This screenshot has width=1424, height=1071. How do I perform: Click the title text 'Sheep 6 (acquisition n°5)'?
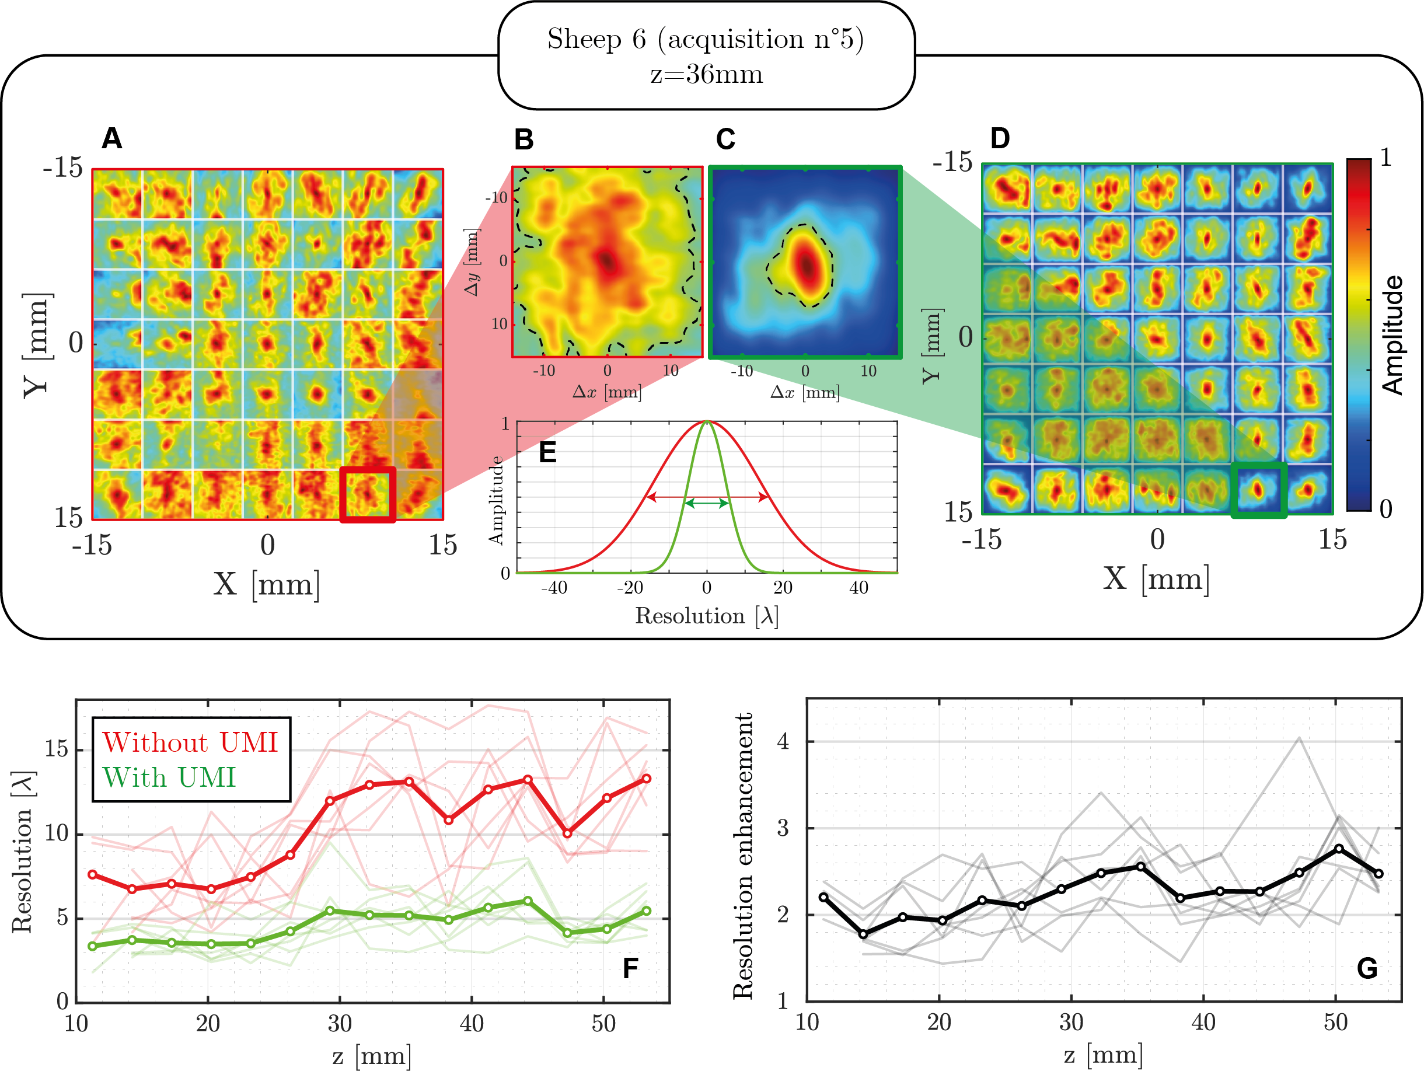point(706,39)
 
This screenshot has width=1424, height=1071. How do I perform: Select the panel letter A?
point(112,138)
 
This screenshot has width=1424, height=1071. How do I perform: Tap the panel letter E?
point(547,452)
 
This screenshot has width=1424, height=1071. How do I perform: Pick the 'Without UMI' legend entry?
point(190,742)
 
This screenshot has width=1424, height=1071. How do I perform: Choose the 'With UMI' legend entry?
point(169,777)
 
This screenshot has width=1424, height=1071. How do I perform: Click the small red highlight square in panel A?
point(368,494)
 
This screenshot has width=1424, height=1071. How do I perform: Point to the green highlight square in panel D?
point(1259,490)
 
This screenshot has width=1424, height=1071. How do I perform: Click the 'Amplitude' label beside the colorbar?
point(1392,334)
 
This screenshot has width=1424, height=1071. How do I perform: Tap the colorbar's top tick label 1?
point(1386,158)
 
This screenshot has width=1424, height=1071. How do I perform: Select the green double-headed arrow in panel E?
point(706,503)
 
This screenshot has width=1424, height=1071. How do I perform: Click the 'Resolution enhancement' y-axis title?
point(744,856)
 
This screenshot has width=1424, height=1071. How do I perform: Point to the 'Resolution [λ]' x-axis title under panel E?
point(706,616)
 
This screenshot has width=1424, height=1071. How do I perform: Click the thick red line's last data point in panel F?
point(646,779)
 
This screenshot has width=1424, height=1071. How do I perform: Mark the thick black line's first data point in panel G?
point(823,896)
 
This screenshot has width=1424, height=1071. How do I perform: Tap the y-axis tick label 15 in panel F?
point(57,749)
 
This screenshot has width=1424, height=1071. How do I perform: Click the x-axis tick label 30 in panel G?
point(1072,1022)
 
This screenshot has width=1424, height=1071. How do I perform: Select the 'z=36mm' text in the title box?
point(706,75)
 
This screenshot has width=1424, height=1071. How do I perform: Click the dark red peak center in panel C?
point(807,265)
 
